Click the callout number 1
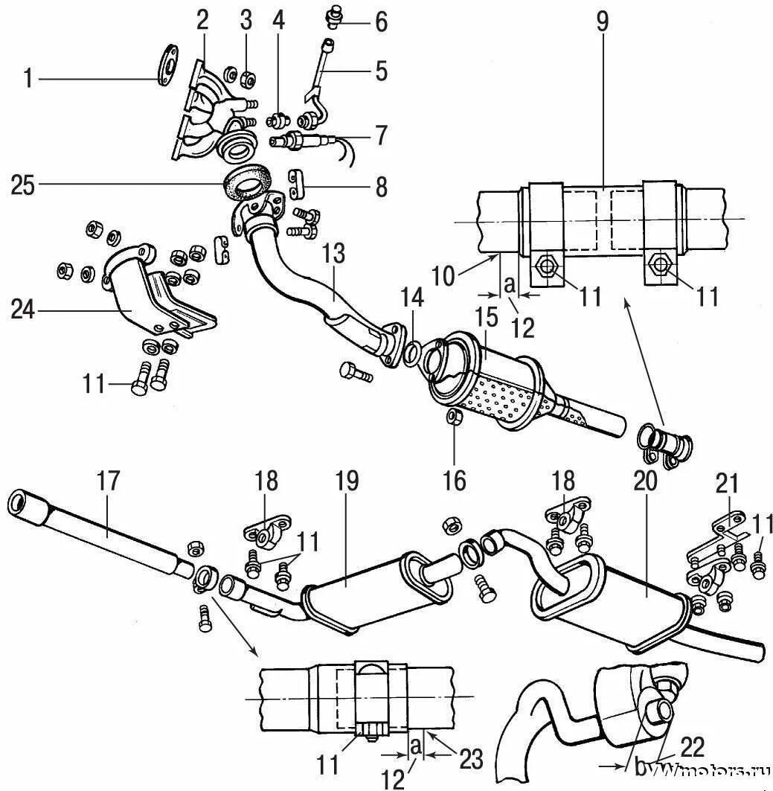coord(28,79)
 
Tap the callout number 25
coord(23,185)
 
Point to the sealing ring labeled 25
coord(248,182)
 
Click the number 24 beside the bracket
coord(23,310)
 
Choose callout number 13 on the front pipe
coord(333,253)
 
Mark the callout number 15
coord(486,317)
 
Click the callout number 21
coord(727,483)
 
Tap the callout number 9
coord(603,22)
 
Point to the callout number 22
coord(693,748)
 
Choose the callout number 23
coord(471,759)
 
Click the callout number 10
coord(443,276)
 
